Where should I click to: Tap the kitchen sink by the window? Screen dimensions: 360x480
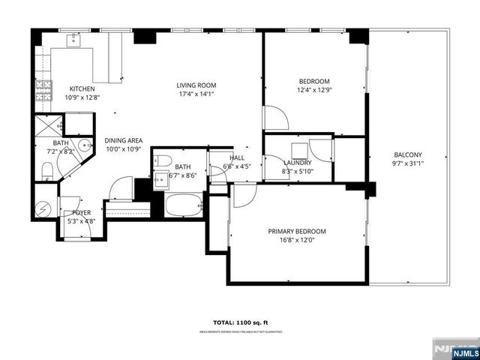[76, 40]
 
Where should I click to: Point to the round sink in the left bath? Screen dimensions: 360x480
[85, 147]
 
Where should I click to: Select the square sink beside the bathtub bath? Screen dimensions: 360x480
[160, 179]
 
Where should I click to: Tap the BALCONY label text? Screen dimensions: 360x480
[409, 155]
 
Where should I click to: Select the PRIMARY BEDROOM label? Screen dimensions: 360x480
[298, 231]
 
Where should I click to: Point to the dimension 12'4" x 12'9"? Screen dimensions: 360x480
[315, 90]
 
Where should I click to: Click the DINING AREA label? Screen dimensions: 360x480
[124, 139]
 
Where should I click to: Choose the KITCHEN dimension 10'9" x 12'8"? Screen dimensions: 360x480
[82, 97]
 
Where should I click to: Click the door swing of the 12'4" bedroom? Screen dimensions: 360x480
[275, 118]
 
